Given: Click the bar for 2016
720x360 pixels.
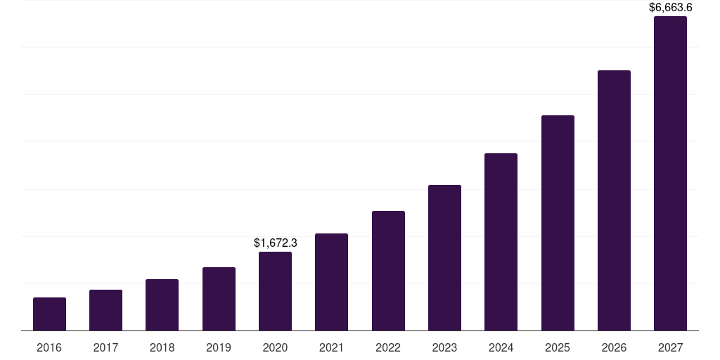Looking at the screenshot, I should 49,314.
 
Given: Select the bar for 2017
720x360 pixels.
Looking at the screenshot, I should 105,310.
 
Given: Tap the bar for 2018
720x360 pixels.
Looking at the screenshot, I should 162,304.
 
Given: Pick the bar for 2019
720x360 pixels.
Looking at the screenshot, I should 219,299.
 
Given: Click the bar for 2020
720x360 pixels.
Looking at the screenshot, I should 275,291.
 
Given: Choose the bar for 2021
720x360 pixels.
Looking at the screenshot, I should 331,282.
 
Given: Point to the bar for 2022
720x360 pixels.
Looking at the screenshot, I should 388,271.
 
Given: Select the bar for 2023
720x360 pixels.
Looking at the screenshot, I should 444,257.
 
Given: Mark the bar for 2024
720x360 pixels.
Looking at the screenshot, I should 501,242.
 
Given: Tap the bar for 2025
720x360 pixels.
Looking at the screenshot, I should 558,223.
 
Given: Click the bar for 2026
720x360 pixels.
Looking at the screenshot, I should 614,200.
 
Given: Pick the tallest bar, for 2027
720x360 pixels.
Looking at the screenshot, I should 670,173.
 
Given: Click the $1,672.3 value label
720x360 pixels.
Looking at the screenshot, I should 275,243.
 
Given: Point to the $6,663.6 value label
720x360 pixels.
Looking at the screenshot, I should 670,8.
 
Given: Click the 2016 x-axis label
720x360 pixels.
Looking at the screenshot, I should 49,347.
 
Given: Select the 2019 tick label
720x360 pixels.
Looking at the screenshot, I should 219,347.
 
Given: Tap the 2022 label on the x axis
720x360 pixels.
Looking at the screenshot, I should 388,347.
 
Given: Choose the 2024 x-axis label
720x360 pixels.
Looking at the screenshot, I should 501,347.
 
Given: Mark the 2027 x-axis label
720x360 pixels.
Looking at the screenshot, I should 670,347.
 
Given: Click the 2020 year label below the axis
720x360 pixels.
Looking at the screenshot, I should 275,347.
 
